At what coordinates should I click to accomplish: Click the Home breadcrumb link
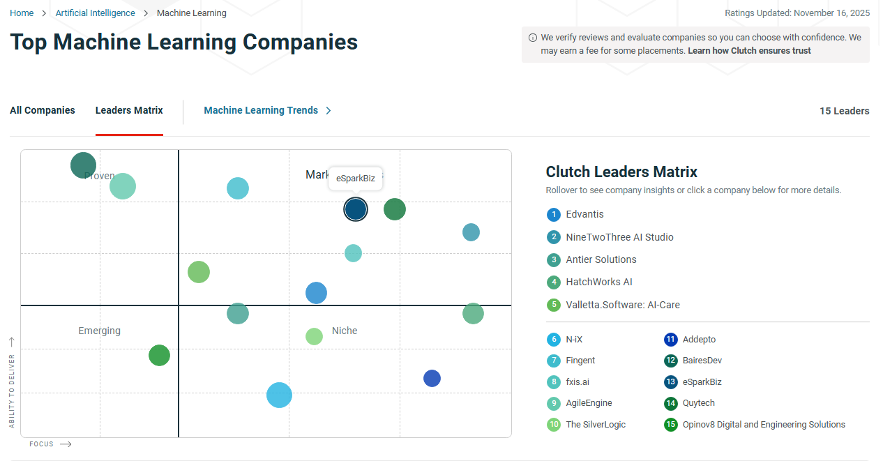tap(22, 13)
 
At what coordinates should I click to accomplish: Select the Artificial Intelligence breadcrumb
tap(96, 13)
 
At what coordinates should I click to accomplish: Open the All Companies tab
tap(43, 110)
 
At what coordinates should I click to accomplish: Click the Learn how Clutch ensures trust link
tap(749, 51)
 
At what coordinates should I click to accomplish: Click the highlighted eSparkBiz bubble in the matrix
tap(356, 209)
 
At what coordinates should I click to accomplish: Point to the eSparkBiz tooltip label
tap(356, 179)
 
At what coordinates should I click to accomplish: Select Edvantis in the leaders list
tap(584, 214)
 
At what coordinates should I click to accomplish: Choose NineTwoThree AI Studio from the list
tap(619, 237)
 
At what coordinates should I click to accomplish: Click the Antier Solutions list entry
tap(601, 259)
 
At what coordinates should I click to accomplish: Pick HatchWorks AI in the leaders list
tap(598, 282)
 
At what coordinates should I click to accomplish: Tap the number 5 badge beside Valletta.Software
tap(554, 305)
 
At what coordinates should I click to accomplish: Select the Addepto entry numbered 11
tap(699, 340)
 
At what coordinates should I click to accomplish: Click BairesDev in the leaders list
tap(703, 361)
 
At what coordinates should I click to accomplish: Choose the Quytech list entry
tap(698, 403)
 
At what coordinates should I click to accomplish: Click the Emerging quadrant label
tap(99, 331)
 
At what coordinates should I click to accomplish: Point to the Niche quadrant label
tap(345, 331)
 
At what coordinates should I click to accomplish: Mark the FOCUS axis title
tap(41, 444)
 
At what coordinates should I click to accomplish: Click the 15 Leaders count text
tap(844, 111)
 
